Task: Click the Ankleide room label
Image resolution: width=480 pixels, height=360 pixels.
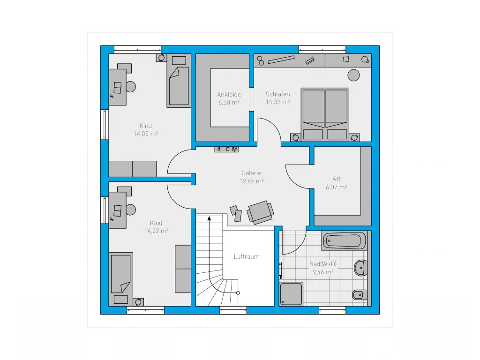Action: (x=229, y=95)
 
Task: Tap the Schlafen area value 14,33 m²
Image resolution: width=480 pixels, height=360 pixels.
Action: (x=277, y=102)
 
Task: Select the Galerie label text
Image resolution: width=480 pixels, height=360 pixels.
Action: (x=251, y=173)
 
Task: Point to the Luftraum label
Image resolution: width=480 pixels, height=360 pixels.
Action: (x=247, y=256)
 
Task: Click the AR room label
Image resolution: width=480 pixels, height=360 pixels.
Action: (x=336, y=179)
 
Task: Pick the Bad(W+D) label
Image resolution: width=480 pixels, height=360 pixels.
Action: (x=323, y=264)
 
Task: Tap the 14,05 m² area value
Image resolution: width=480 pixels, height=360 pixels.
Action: (x=146, y=134)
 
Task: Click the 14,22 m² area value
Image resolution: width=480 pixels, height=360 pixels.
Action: (x=157, y=231)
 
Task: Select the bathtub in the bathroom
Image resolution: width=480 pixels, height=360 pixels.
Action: (x=344, y=240)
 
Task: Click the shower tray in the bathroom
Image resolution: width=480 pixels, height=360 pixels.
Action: (x=291, y=294)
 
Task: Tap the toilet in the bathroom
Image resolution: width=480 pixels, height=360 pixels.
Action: (x=360, y=294)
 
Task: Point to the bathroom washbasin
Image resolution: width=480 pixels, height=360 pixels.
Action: (x=360, y=268)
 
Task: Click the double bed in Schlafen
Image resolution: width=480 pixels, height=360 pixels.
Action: (x=325, y=114)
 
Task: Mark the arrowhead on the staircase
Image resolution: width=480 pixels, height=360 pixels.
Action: (x=210, y=218)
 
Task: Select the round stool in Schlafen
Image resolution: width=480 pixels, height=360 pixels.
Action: (x=353, y=75)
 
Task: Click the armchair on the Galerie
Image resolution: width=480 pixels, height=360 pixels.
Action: (x=260, y=212)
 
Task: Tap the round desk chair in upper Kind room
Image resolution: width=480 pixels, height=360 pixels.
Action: (x=131, y=87)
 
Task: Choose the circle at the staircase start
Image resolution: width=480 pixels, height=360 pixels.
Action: (x=238, y=293)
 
